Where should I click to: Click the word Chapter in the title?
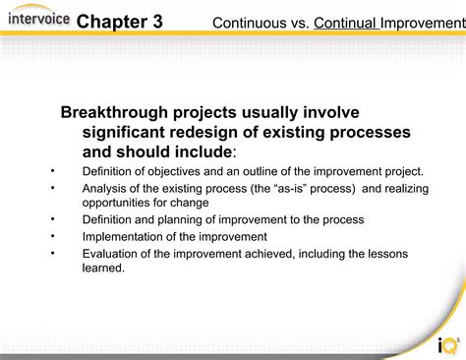coord(111,22)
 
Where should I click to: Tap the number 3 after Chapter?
coord(157,22)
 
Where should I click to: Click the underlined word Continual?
coord(346,22)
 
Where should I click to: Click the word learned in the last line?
coord(102,268)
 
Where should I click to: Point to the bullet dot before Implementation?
coord(51,236)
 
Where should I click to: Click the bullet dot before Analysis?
coord(51,187)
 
